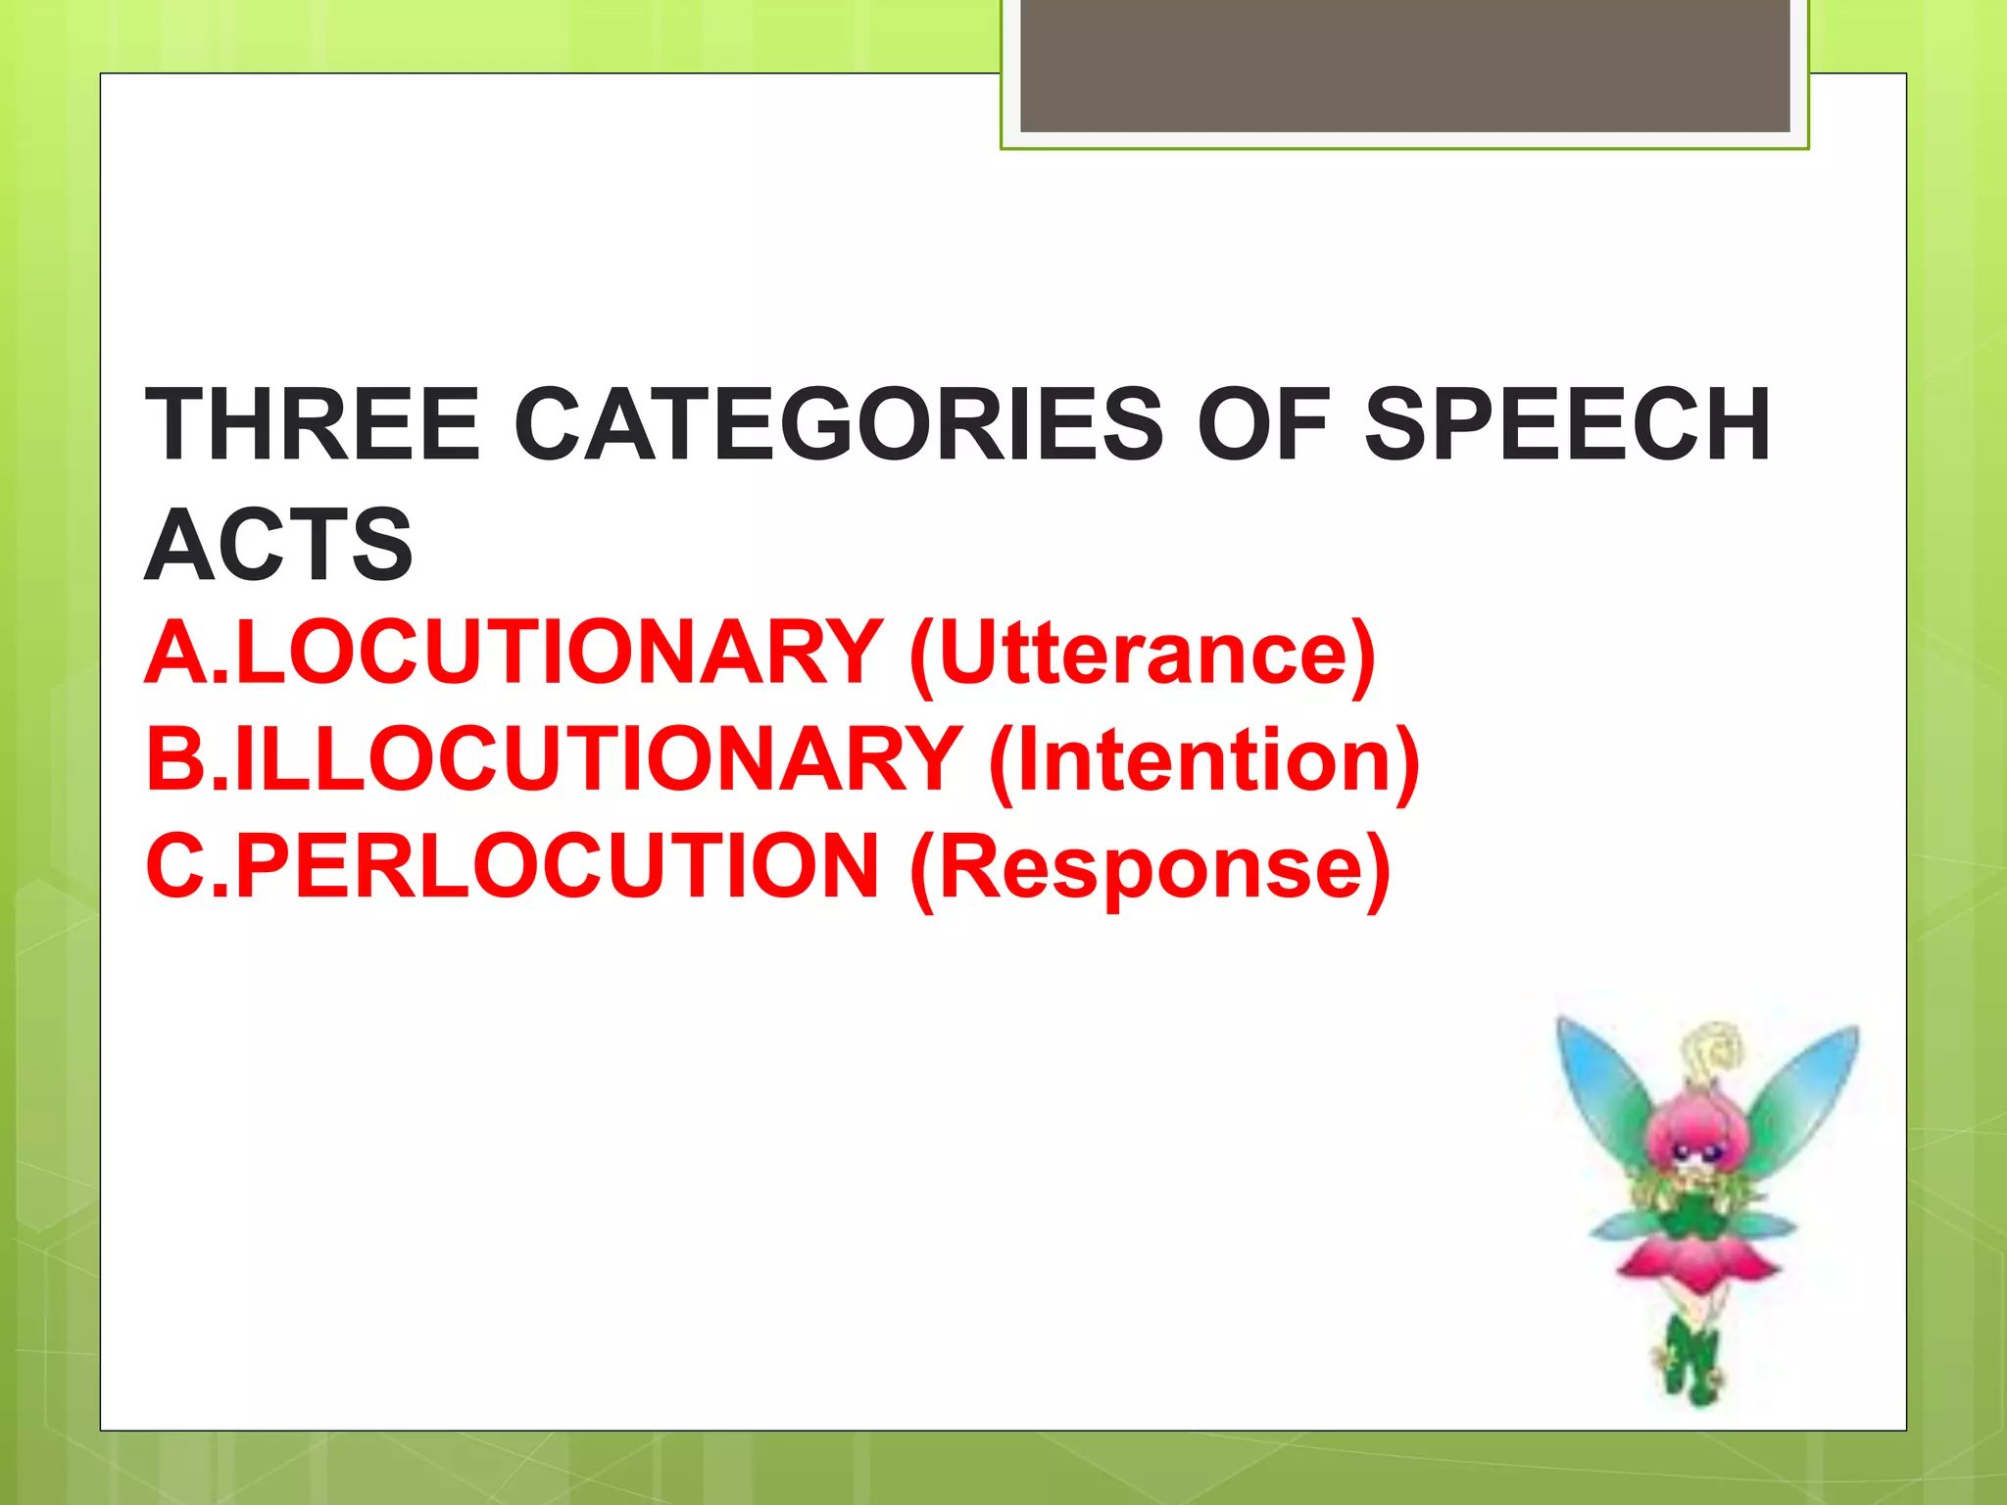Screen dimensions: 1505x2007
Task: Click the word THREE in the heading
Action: [x=313, y=424]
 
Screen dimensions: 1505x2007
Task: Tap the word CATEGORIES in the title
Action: [x=839, y=424]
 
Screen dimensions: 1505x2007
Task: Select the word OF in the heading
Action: [x=1262, y=424]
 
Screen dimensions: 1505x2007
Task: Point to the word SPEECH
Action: [x=1567, y=424]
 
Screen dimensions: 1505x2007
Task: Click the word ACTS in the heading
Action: [x=279, y=545]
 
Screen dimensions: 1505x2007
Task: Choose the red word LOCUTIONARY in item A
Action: [x=559, y=653]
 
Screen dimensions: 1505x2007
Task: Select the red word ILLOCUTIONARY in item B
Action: [x=598, y=759]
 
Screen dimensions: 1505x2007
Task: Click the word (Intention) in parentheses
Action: [x=1204, y=761]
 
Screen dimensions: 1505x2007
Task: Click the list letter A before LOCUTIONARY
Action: [x=176, y=653]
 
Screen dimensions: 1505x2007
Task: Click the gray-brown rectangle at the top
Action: [x=1404, y=65]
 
